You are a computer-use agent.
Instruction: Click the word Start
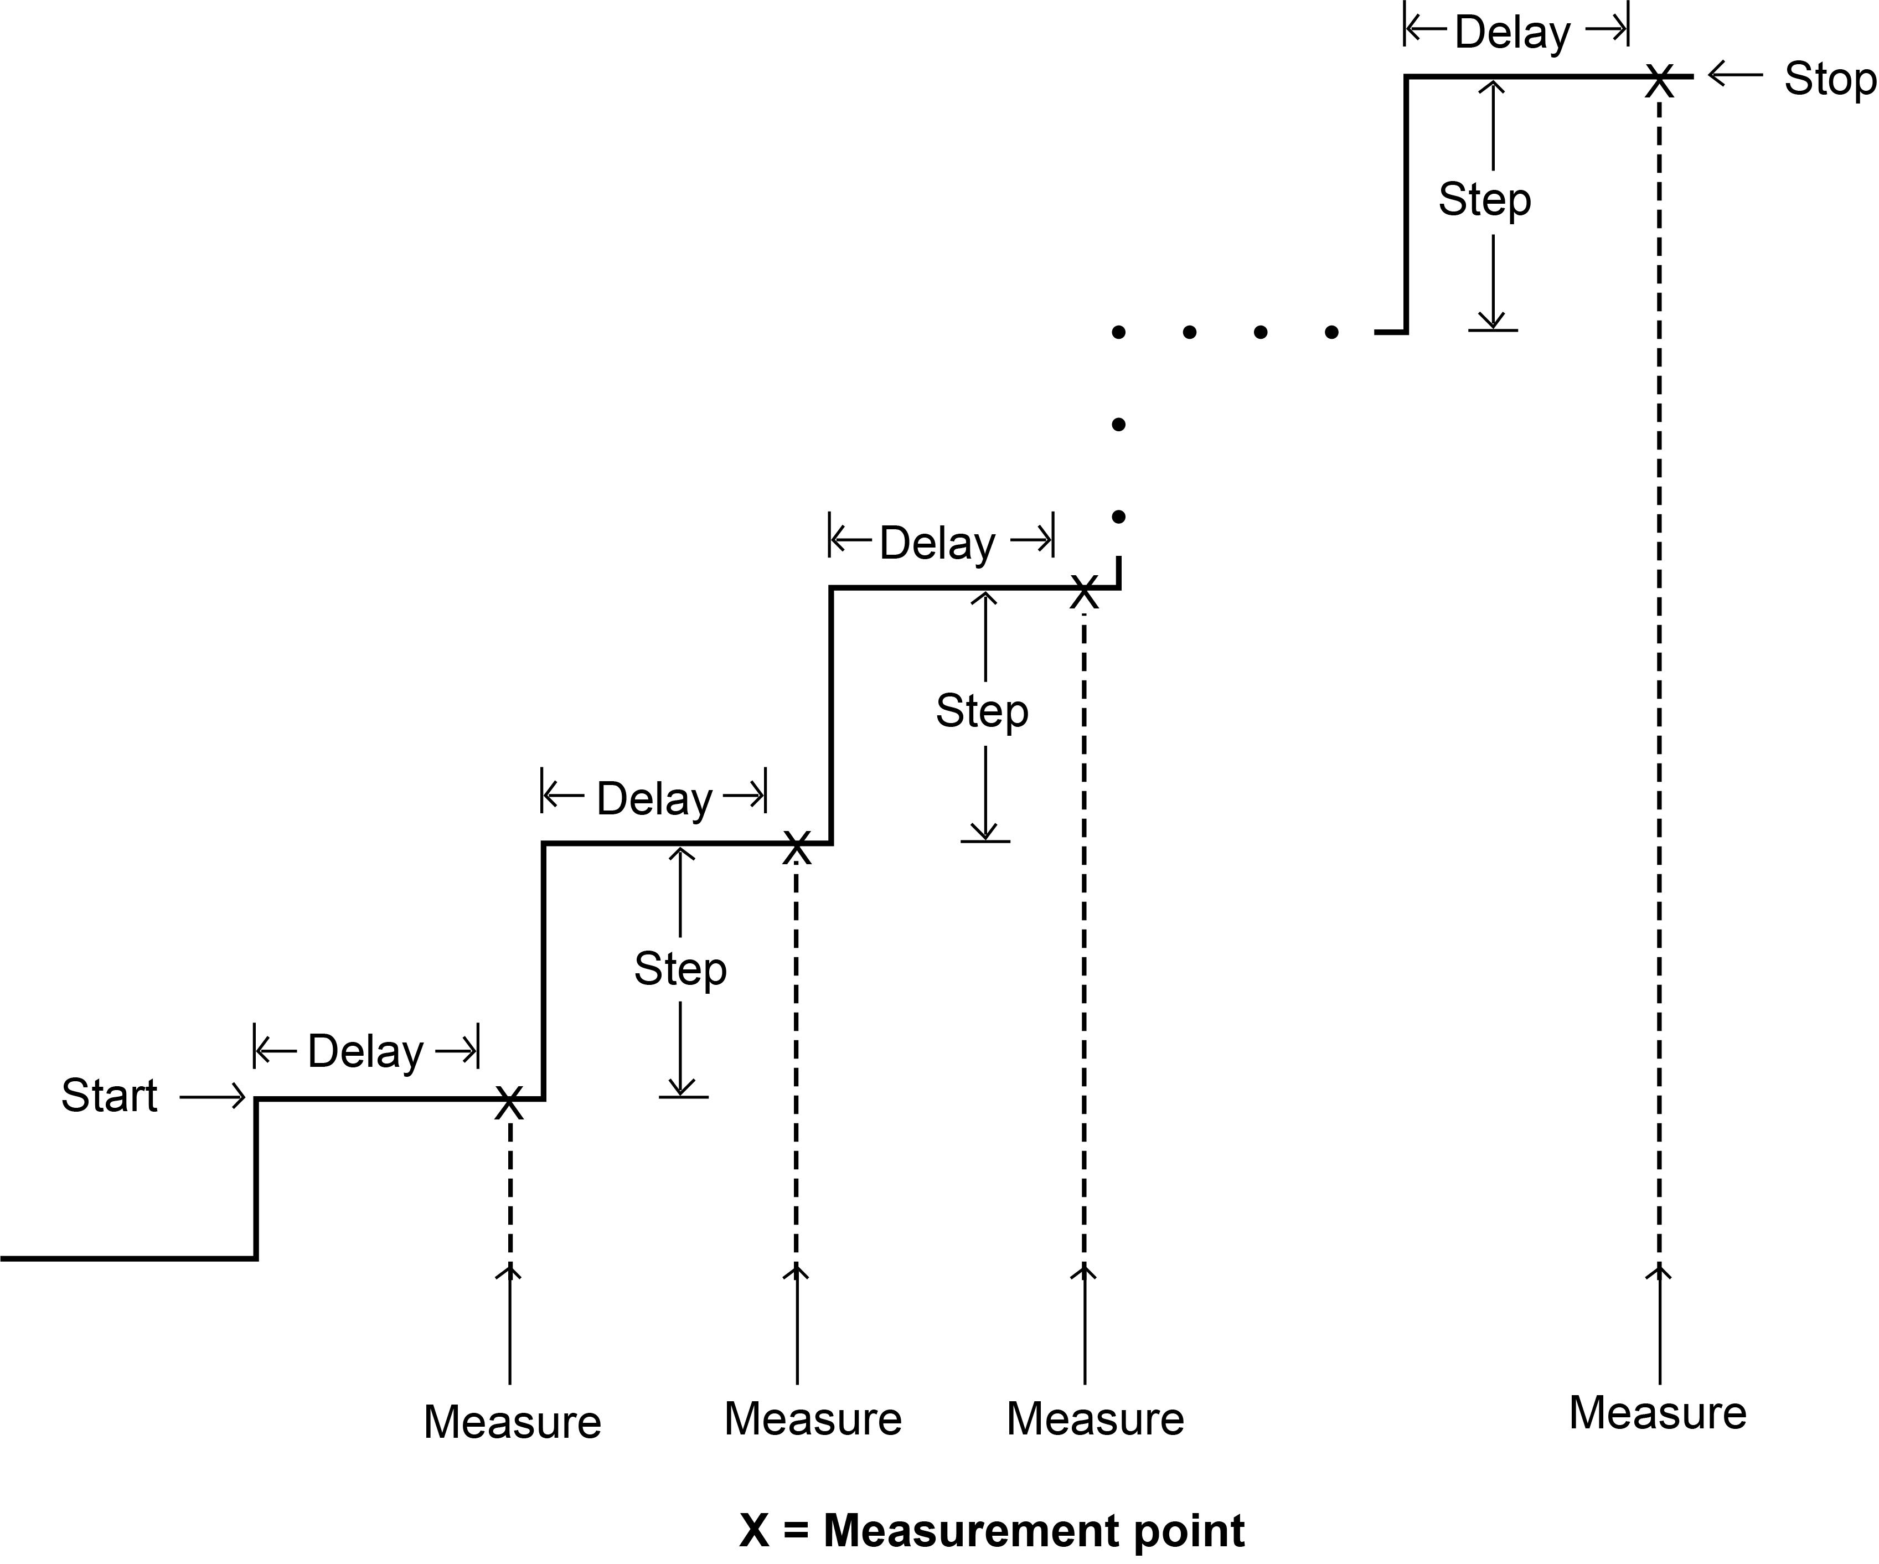(x=109, y=1095)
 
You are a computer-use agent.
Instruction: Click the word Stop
(x=1829, y=79)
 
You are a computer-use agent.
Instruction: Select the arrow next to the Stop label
(x=1735, y=75)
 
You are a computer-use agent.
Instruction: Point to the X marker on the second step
(x=796, y=847)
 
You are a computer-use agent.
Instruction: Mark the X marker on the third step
(x=1083, y=592)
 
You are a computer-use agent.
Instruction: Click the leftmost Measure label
(x=512, y=1423)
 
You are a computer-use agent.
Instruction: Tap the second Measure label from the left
(x=813, y=1419)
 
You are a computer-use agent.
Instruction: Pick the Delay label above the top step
(x=1512, y=33)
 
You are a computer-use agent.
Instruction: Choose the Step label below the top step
(x=1484, y=199)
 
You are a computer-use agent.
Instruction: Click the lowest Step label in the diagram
(x=680, y=969)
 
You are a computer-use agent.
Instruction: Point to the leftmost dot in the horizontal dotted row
(x=1118, y=333)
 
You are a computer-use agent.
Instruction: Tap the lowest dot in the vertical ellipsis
(x=1118, y=517)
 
